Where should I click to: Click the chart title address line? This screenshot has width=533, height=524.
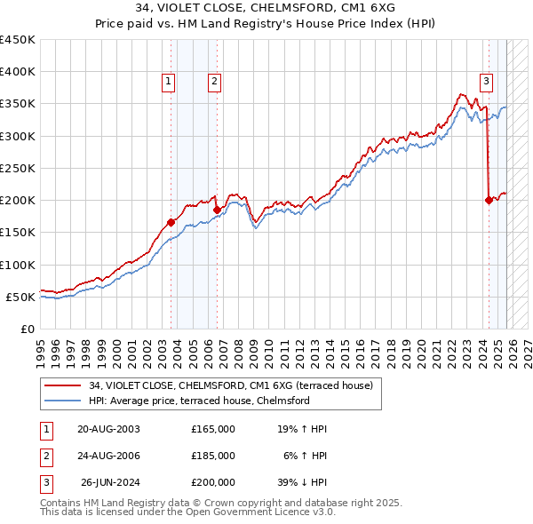click(x=266, y=7)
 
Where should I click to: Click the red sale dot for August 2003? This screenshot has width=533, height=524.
click(x=171, y=223)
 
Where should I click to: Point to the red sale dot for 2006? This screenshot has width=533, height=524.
click(x=217, y=210)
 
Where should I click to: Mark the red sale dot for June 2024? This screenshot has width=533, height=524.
click(x=489, y=200)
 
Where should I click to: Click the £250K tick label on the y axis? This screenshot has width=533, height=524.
click(x=18, y=168)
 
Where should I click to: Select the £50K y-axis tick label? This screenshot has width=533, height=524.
click(x=20, y=297)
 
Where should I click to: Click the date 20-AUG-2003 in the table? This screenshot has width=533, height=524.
click(x=108, y=429)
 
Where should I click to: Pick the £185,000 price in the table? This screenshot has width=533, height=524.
click(x=212, y=456)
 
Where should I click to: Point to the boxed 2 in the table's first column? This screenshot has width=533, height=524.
click(x=45, y=456)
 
